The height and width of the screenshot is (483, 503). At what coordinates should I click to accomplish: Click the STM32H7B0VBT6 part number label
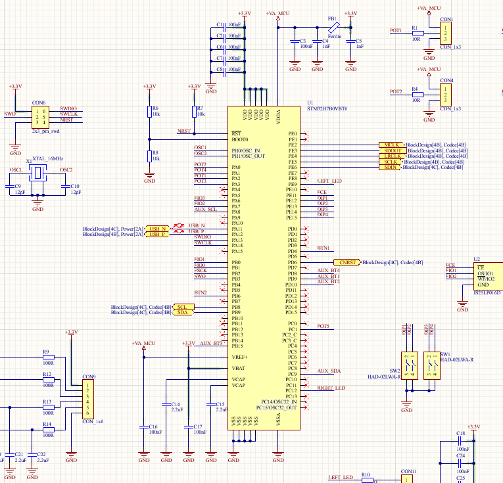click(x=327, y=108)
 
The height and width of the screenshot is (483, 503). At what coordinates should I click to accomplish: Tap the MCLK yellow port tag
click(x=392, y=145)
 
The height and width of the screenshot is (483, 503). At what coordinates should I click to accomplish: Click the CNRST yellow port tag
click(x=348, y=262)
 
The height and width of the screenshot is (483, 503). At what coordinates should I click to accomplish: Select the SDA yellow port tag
click(x=182, y=313)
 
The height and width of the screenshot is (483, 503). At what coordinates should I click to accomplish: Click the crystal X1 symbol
click(x=37, y=173)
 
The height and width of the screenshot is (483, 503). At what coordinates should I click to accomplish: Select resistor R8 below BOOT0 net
click(x=149, y=156)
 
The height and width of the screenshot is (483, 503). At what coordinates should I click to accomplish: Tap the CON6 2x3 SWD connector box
click(x=39, y=117)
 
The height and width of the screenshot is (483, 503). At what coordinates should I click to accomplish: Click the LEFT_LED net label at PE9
click(x=329, y=181)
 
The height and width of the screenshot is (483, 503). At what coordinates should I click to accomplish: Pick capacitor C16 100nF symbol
click(x=144, y=426)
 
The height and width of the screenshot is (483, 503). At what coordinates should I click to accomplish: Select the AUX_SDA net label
click(x=329, y=371)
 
